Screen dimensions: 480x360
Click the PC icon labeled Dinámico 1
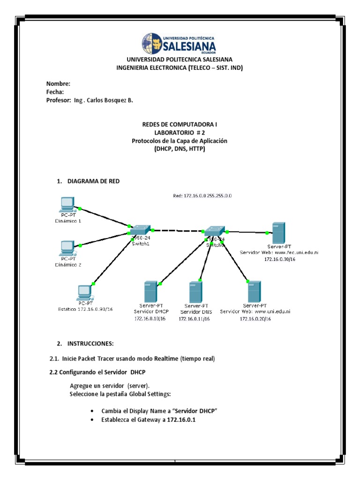67,204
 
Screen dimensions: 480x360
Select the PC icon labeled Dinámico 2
67,247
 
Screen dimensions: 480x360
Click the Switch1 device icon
140,230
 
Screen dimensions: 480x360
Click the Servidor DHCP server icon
150,291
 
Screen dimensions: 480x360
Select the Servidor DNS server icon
195,292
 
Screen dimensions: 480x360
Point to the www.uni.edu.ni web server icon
255,291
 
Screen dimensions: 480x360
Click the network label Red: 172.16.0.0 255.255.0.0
202,195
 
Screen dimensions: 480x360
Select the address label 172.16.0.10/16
150,319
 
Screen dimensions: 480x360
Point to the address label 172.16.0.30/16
279,259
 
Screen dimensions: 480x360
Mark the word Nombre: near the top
58,83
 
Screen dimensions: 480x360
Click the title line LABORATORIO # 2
180,133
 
